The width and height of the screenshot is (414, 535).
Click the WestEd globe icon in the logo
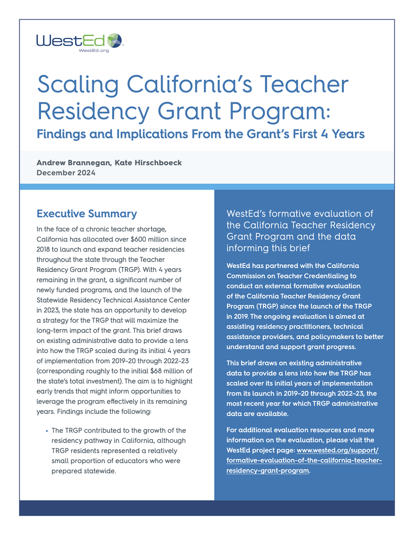pyautogui.click(x=115, y=41)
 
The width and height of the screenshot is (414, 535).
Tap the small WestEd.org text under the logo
pyautogui.click(x=94, y=51)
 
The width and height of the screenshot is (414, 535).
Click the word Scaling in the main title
pyautogui.click(x=78, y=85)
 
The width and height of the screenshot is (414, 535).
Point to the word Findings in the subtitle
pyautogui.click(x=61, y=134)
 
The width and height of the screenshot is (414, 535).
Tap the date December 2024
pyautogui.click(x=66, y=173)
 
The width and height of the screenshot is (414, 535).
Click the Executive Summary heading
pyautogui.click(x=87, y=214)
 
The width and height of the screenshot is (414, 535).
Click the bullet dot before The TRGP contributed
pyautogui.click(x=47, y=431)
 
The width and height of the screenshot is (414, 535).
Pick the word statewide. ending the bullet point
pyautogui.click(x=100, y=471)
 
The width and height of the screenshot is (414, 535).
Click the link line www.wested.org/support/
pyautogui.click(x=337, y=450)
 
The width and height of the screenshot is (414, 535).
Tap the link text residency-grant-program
pyautogui.click(x=267, y=471)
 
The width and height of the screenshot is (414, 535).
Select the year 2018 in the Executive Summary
pyautogui.click(x=43, y=249)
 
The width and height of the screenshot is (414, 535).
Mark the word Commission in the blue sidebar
pyautogui.click(x=245, y=276)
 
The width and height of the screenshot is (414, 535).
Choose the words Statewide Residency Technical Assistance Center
pyautogui.click(x=113, y=300)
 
